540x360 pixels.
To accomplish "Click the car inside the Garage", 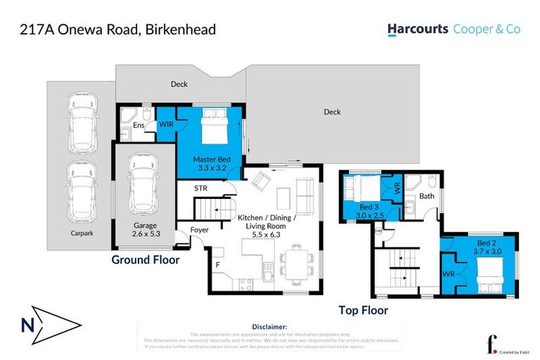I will pyautogui.click(x=143, y=184).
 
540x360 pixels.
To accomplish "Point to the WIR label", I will pyautogui.click(x=166, y=124).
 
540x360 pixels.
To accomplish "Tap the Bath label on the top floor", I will pyautogui.click(x=427, y=196).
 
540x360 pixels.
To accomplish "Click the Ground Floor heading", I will pyautogui.click(x=146, y=259).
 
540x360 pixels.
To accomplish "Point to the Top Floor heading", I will pyautogui.click(x=363, y=309).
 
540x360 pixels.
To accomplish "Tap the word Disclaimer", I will pyautogui.click(x=269, y=327).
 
